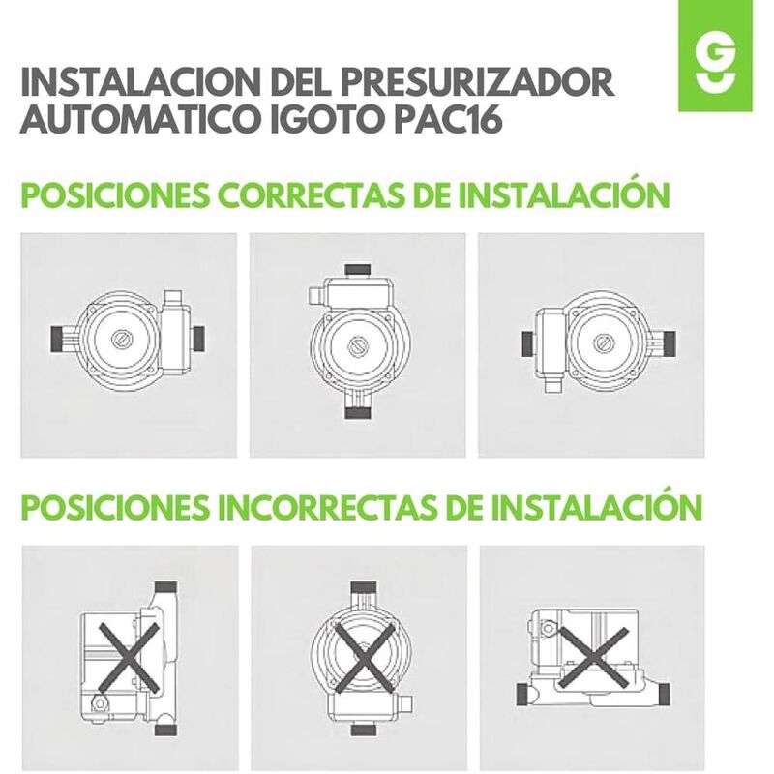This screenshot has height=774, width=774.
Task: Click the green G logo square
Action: [715, 56]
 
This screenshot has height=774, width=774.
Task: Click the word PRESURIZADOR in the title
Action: [477, 81]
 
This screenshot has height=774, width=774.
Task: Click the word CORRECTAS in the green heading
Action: [310, 195]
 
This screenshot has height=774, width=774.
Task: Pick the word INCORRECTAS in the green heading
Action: [327, 507]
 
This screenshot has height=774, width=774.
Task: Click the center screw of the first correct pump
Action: [120, 340]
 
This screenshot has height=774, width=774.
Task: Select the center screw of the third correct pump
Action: [602, 342]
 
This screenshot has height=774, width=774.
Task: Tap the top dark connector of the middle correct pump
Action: [357, 271]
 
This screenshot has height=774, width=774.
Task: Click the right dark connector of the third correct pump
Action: [669, 341]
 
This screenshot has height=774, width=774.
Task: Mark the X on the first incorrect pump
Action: [130, 658]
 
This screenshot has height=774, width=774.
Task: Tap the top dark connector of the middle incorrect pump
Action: [364, 587]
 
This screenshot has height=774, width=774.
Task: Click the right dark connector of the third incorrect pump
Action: [664, 693]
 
